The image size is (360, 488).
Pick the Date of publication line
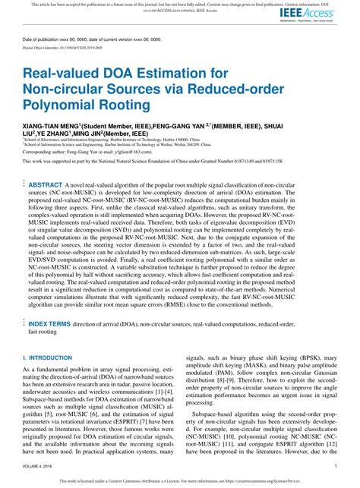[x=84, y=39]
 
